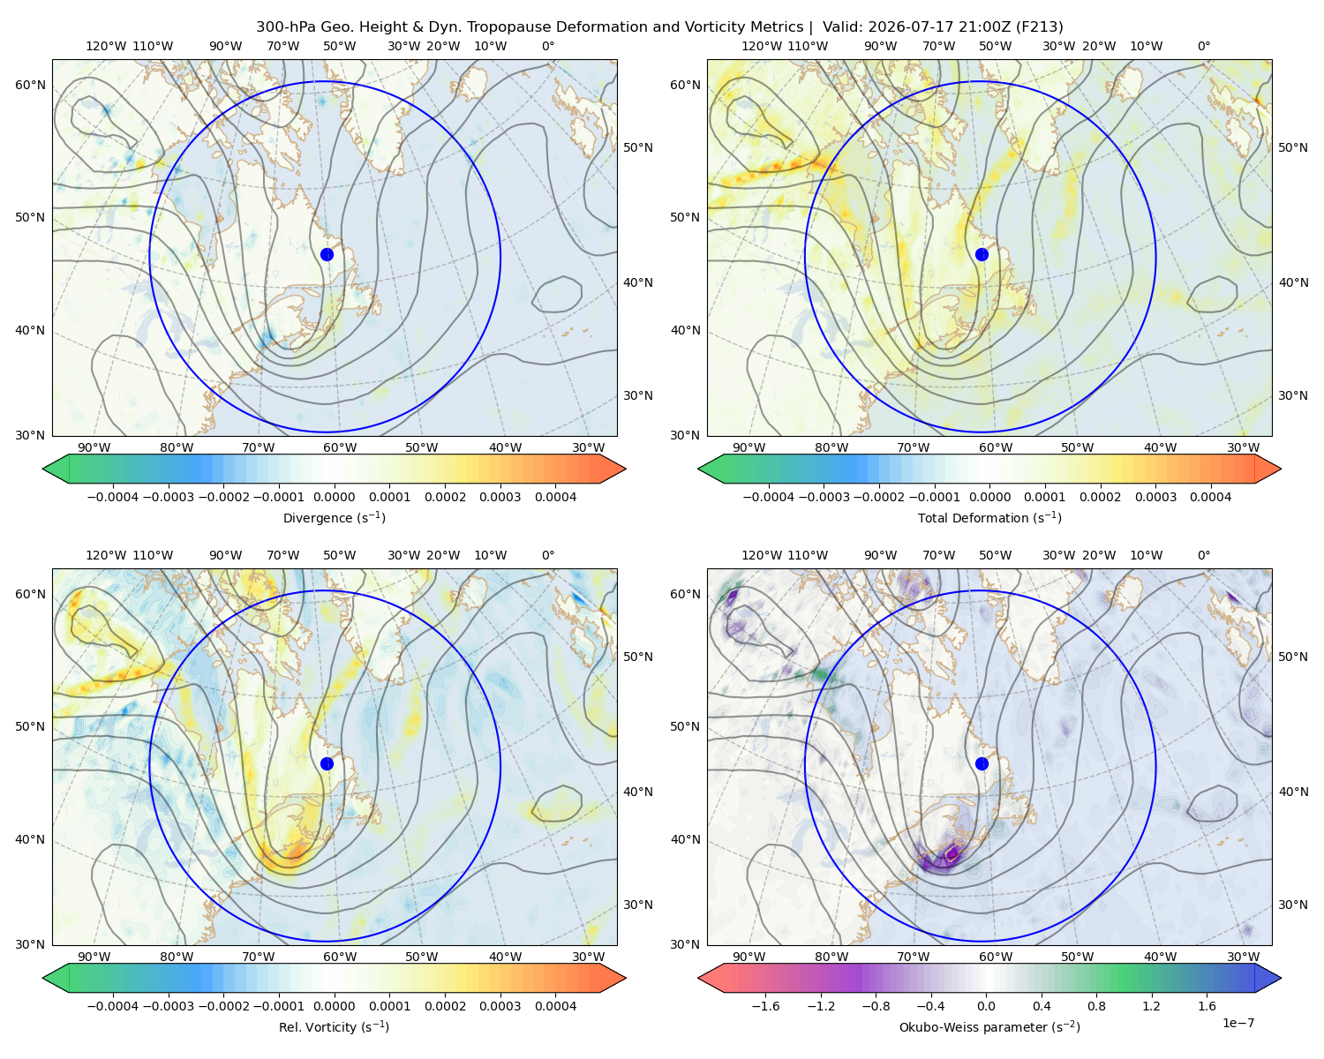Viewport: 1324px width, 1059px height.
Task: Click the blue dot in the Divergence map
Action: [x=327, y=254]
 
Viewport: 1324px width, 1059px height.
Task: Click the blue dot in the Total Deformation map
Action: [x=982, y=254]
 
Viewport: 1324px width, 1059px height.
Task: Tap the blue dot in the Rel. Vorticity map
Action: [x=327, y=763]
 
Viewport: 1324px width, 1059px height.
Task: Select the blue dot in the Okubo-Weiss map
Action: [x=982, y=763]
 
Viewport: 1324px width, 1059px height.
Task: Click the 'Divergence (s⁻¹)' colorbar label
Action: [x=334, y=517]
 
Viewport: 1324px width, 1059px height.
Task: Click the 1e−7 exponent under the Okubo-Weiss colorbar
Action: [x=1237, y=1023]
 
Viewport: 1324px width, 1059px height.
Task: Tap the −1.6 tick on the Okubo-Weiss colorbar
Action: [x=766, y=1005]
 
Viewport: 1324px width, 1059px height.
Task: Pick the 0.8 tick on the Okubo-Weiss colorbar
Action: [x=1096, y=1005]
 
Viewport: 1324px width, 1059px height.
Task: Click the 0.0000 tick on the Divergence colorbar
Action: [x=334, y=497]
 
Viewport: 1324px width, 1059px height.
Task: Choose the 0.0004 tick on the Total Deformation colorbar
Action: [x=1210, y=497]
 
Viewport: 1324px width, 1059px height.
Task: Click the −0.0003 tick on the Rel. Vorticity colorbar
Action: [x=168, y=1005]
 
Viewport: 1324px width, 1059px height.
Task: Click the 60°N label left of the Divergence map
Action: [x=30, y=85]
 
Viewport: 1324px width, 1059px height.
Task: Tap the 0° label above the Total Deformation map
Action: [x=1203, y=46]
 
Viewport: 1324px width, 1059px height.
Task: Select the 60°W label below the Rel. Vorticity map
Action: [x=340, y=957]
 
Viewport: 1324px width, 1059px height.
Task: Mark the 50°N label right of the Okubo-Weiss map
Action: [x=1292, y=657]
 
